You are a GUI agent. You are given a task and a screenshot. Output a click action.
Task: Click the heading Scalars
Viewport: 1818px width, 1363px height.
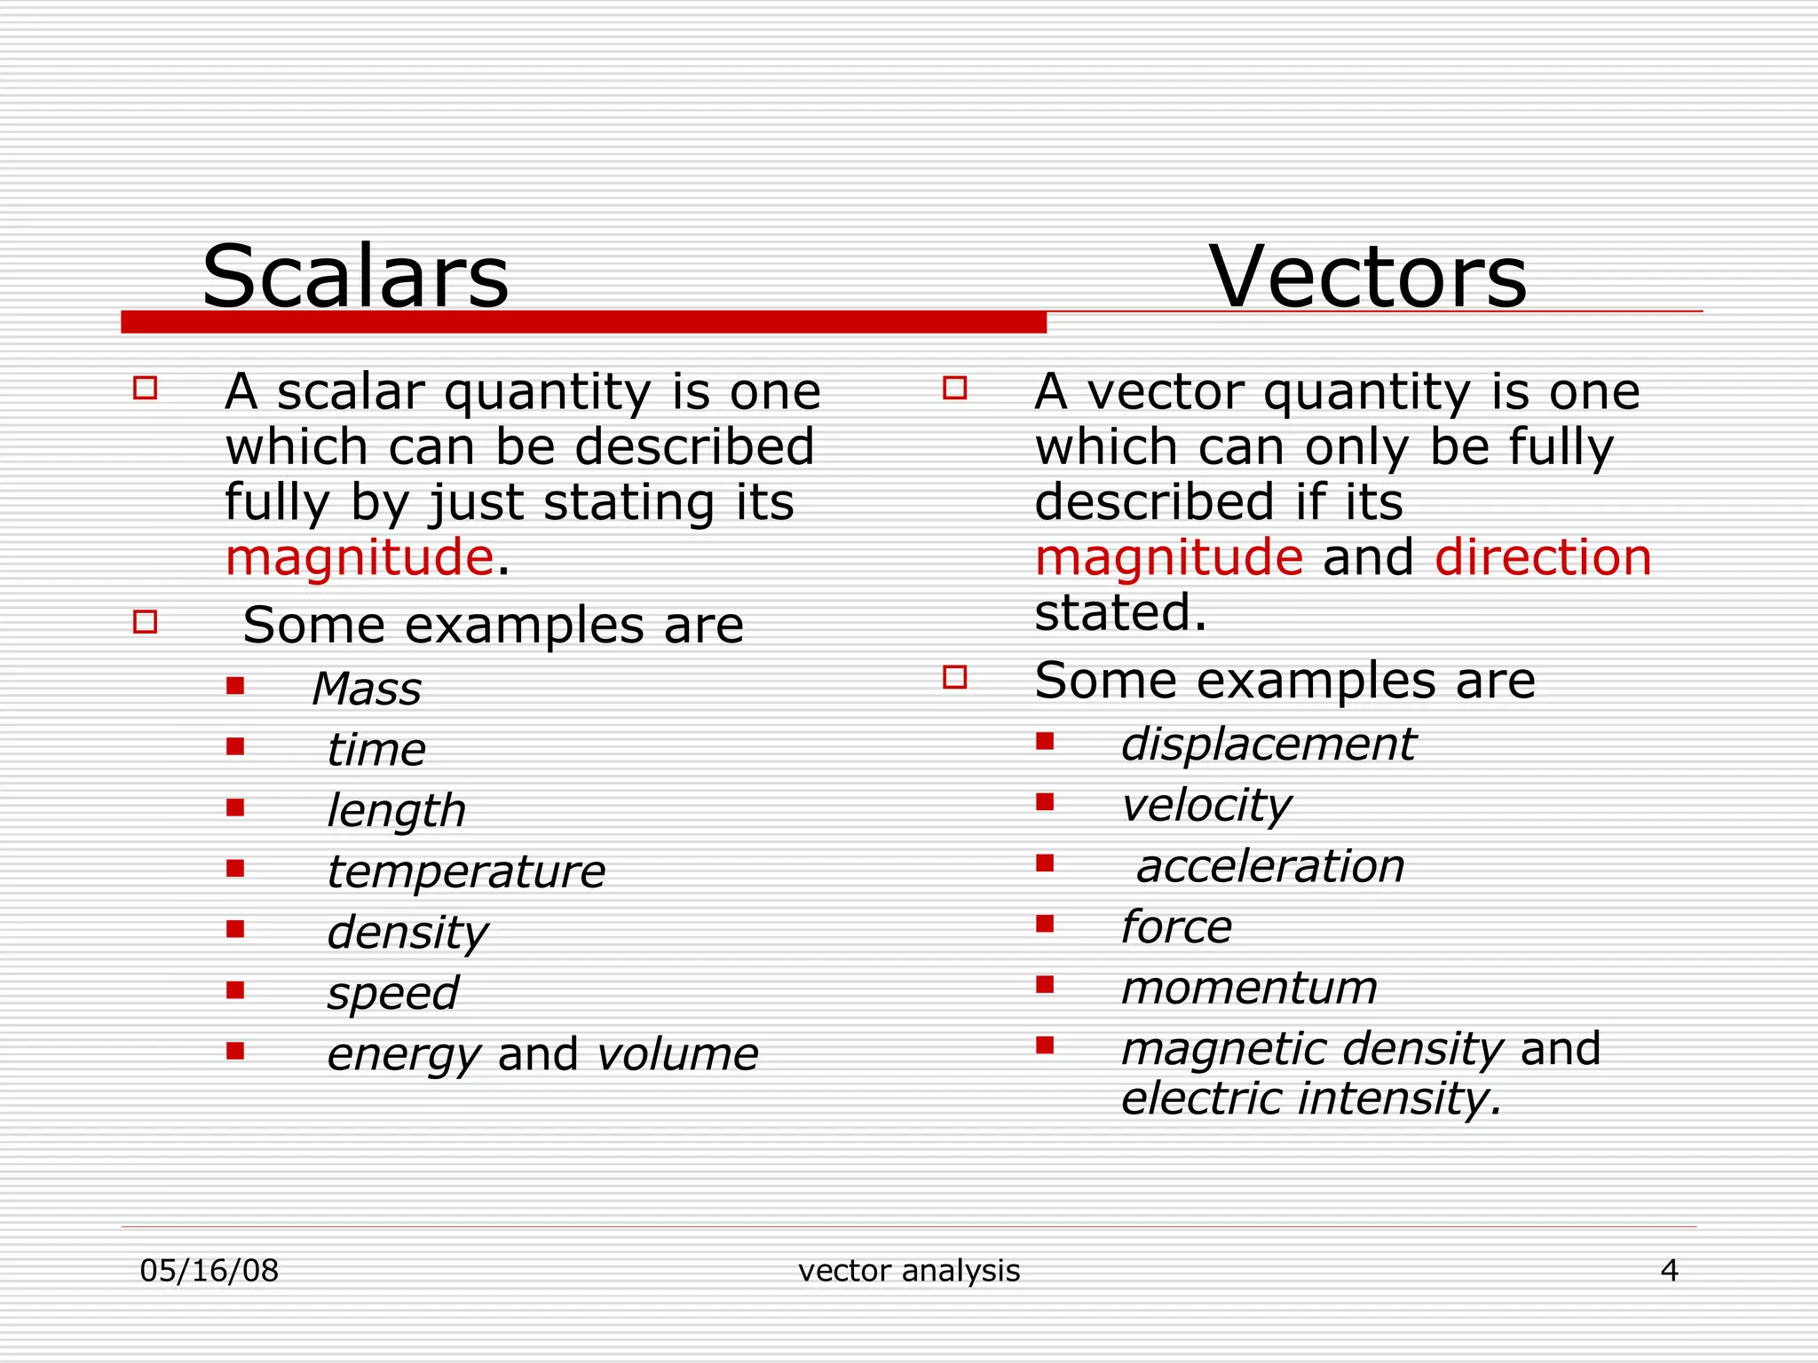coord(355,277)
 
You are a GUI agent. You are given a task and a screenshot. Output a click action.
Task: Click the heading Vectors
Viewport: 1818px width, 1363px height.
coord(1367,277)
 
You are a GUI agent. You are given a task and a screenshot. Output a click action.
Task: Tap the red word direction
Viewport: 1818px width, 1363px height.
coord(1543,557)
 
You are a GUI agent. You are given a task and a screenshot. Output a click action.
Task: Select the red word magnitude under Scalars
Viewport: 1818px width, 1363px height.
coord(359,557)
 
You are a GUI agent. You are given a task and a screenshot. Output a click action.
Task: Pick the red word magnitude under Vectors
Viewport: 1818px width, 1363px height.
coord(1168,557)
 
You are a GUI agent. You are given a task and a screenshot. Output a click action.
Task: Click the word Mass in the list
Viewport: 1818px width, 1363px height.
coord(366,689)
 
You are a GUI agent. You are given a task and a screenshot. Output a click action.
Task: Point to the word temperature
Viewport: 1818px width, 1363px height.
coord(465,871)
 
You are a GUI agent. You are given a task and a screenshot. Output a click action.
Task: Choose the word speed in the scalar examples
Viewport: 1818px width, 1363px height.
coord(392,993)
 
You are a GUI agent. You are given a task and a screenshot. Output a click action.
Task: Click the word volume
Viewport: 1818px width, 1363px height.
coord(677,1054)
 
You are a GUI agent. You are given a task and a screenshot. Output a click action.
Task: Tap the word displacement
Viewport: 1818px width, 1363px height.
coord(1268,744)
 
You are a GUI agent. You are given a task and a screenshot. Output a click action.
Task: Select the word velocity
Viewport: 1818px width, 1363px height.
coord(1205,805)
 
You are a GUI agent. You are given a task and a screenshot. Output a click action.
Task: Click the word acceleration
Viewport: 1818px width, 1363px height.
coord(1269,866)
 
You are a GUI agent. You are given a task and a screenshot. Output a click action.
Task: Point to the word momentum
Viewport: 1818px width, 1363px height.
coord(1248,988)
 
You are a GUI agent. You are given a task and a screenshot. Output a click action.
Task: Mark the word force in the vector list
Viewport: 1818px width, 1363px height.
coord(1175,927)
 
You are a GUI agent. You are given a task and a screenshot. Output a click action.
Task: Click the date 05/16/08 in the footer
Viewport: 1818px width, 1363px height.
coord(209,1271)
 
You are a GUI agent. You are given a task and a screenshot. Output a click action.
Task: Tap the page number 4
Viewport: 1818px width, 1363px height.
coord(1669,1271)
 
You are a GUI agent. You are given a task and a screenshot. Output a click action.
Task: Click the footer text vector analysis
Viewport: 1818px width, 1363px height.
coord(909,1271)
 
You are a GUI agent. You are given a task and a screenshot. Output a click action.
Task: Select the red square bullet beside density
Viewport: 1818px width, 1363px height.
coord(235,929)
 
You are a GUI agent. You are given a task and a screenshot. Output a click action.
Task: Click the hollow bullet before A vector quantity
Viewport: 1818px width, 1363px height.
coord(954,388)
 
